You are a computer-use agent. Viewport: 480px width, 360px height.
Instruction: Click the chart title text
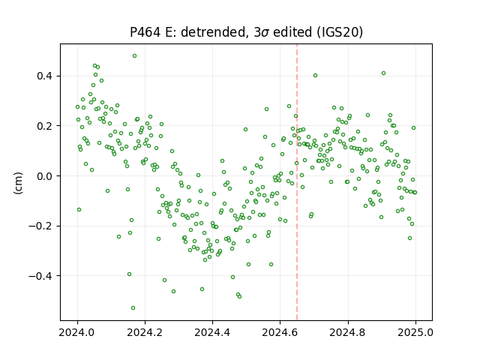(247, 32)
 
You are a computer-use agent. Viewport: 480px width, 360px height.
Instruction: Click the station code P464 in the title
(145, 32)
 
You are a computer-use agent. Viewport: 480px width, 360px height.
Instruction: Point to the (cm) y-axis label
(18, 183)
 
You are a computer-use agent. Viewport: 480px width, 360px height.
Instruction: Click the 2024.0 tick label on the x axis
(77, 332)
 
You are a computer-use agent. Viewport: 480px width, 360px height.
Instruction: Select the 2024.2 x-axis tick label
(145, 332)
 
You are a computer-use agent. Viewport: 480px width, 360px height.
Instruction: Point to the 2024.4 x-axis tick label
(212, 332)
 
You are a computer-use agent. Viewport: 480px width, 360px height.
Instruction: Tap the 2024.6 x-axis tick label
(280, 332)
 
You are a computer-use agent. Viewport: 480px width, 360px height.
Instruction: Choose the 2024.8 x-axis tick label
(348, 332)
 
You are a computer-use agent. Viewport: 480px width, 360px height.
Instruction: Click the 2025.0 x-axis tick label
(415, 332)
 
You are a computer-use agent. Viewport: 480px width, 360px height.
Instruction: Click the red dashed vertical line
(297, 182)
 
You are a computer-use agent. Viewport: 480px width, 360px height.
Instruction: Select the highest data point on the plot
(134, 56)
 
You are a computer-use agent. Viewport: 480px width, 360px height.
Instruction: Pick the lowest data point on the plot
(133, 308)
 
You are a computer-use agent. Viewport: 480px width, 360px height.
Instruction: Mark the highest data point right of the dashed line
(383, 73)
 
